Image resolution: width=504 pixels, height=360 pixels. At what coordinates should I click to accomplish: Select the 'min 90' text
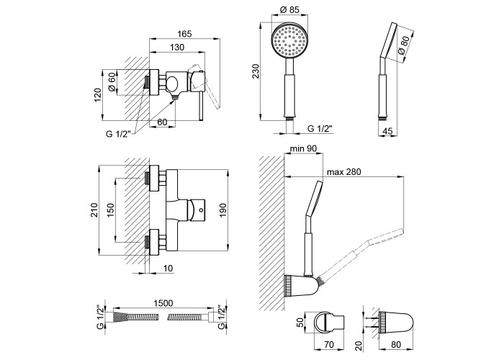(302, 148)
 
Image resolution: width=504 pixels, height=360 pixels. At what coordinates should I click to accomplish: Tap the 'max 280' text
(343, 172)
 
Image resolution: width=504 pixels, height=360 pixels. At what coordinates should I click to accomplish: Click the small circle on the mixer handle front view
(202, 212)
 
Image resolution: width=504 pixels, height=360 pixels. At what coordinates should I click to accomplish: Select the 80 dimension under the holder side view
(392, 343)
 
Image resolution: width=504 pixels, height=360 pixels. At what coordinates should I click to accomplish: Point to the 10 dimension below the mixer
(167, 268)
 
